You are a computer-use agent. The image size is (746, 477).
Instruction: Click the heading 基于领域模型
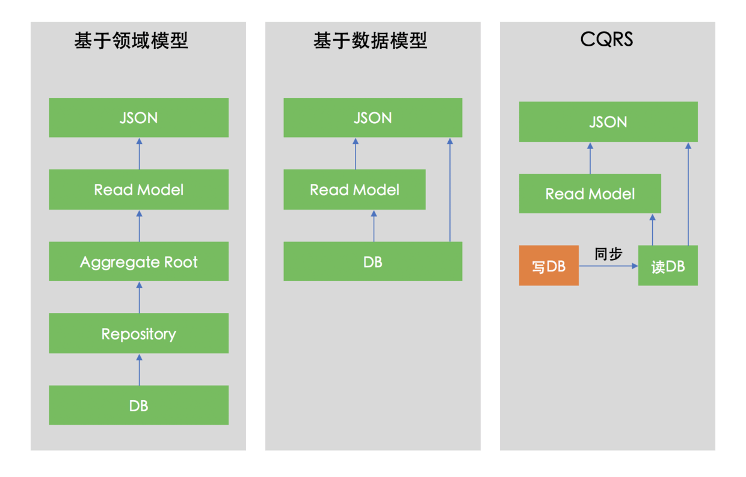[x=131, y=41]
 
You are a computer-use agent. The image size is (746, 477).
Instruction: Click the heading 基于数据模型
[x=370, y=41]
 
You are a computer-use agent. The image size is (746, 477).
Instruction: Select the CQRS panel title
[x=606, y=40]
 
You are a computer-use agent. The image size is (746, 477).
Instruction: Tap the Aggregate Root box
[x=138, y=262]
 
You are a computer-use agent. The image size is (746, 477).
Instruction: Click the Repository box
[x=138, y=333]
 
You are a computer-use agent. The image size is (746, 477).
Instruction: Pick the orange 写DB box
[x=549, y=266]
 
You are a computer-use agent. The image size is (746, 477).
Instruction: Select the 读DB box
[x=668, y=266]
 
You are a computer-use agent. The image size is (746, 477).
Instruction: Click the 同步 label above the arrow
[x=608, y=254]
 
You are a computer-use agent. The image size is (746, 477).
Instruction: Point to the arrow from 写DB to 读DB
[x=608, y=266]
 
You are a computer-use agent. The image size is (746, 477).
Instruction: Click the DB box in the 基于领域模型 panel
[x=138, y=406]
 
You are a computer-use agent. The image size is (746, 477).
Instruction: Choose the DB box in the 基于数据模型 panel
[x=372, y=262]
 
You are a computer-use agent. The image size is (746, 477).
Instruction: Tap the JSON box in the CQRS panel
[x=608, y=122]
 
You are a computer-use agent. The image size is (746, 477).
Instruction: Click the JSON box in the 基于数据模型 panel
[x=372, y=118]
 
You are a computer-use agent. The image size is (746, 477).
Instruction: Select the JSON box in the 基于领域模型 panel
[x=138, y=118]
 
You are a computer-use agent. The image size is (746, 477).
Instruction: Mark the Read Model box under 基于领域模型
[x=138, y=190]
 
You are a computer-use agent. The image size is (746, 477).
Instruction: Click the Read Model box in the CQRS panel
[x=590, y=194]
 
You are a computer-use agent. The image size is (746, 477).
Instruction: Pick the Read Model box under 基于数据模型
[x=354, y=190]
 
